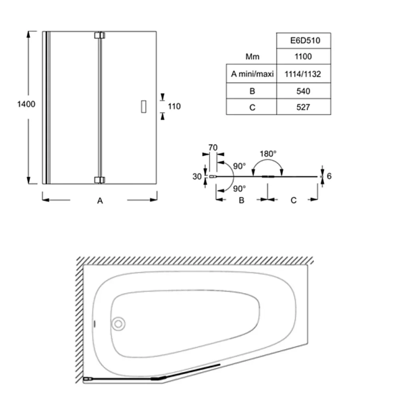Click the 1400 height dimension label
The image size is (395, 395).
tap(26, 104)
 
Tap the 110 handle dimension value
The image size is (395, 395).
tap(174, 106)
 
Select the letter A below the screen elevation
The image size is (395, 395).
tap(100, 201)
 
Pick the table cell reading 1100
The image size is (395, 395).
tap(303, 56)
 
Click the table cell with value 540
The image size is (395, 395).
tap(303, 91)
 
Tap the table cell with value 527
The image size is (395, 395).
tap(303, 107)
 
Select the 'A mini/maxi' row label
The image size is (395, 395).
tap(252, 74)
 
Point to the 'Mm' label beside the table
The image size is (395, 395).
tap(252, 56)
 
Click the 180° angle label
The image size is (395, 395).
tap(268, 154)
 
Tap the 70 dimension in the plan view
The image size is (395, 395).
tap(213, 147)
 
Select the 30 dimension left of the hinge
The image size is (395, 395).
tap(197, 177)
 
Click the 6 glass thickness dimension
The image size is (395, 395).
tap(329, 176)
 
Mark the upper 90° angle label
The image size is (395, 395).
tap(239, 166)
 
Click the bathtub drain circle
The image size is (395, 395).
tap(118, 324)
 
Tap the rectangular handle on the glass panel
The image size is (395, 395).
tap(143, 107)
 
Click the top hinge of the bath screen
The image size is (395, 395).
tap(100, 35)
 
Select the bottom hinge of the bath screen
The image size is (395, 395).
tap(100, 180)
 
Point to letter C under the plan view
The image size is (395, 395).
tap(293, 200)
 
